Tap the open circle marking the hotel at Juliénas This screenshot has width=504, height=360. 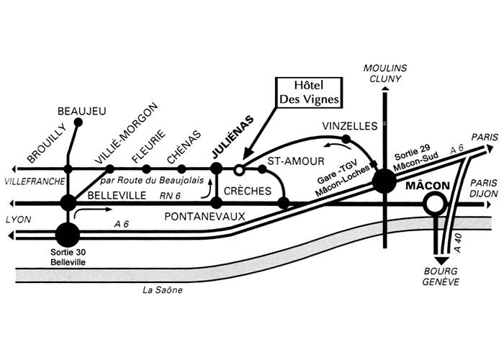click(x=238, y=169)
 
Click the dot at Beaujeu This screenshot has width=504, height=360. click(x=78, y=122)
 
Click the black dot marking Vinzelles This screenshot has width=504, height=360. click(x=346, y=138)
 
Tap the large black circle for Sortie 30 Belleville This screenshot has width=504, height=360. click(x=68, y=233)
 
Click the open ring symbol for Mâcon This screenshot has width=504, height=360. click(x=434, y=205)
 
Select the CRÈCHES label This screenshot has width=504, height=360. click(x=247, y=191)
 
